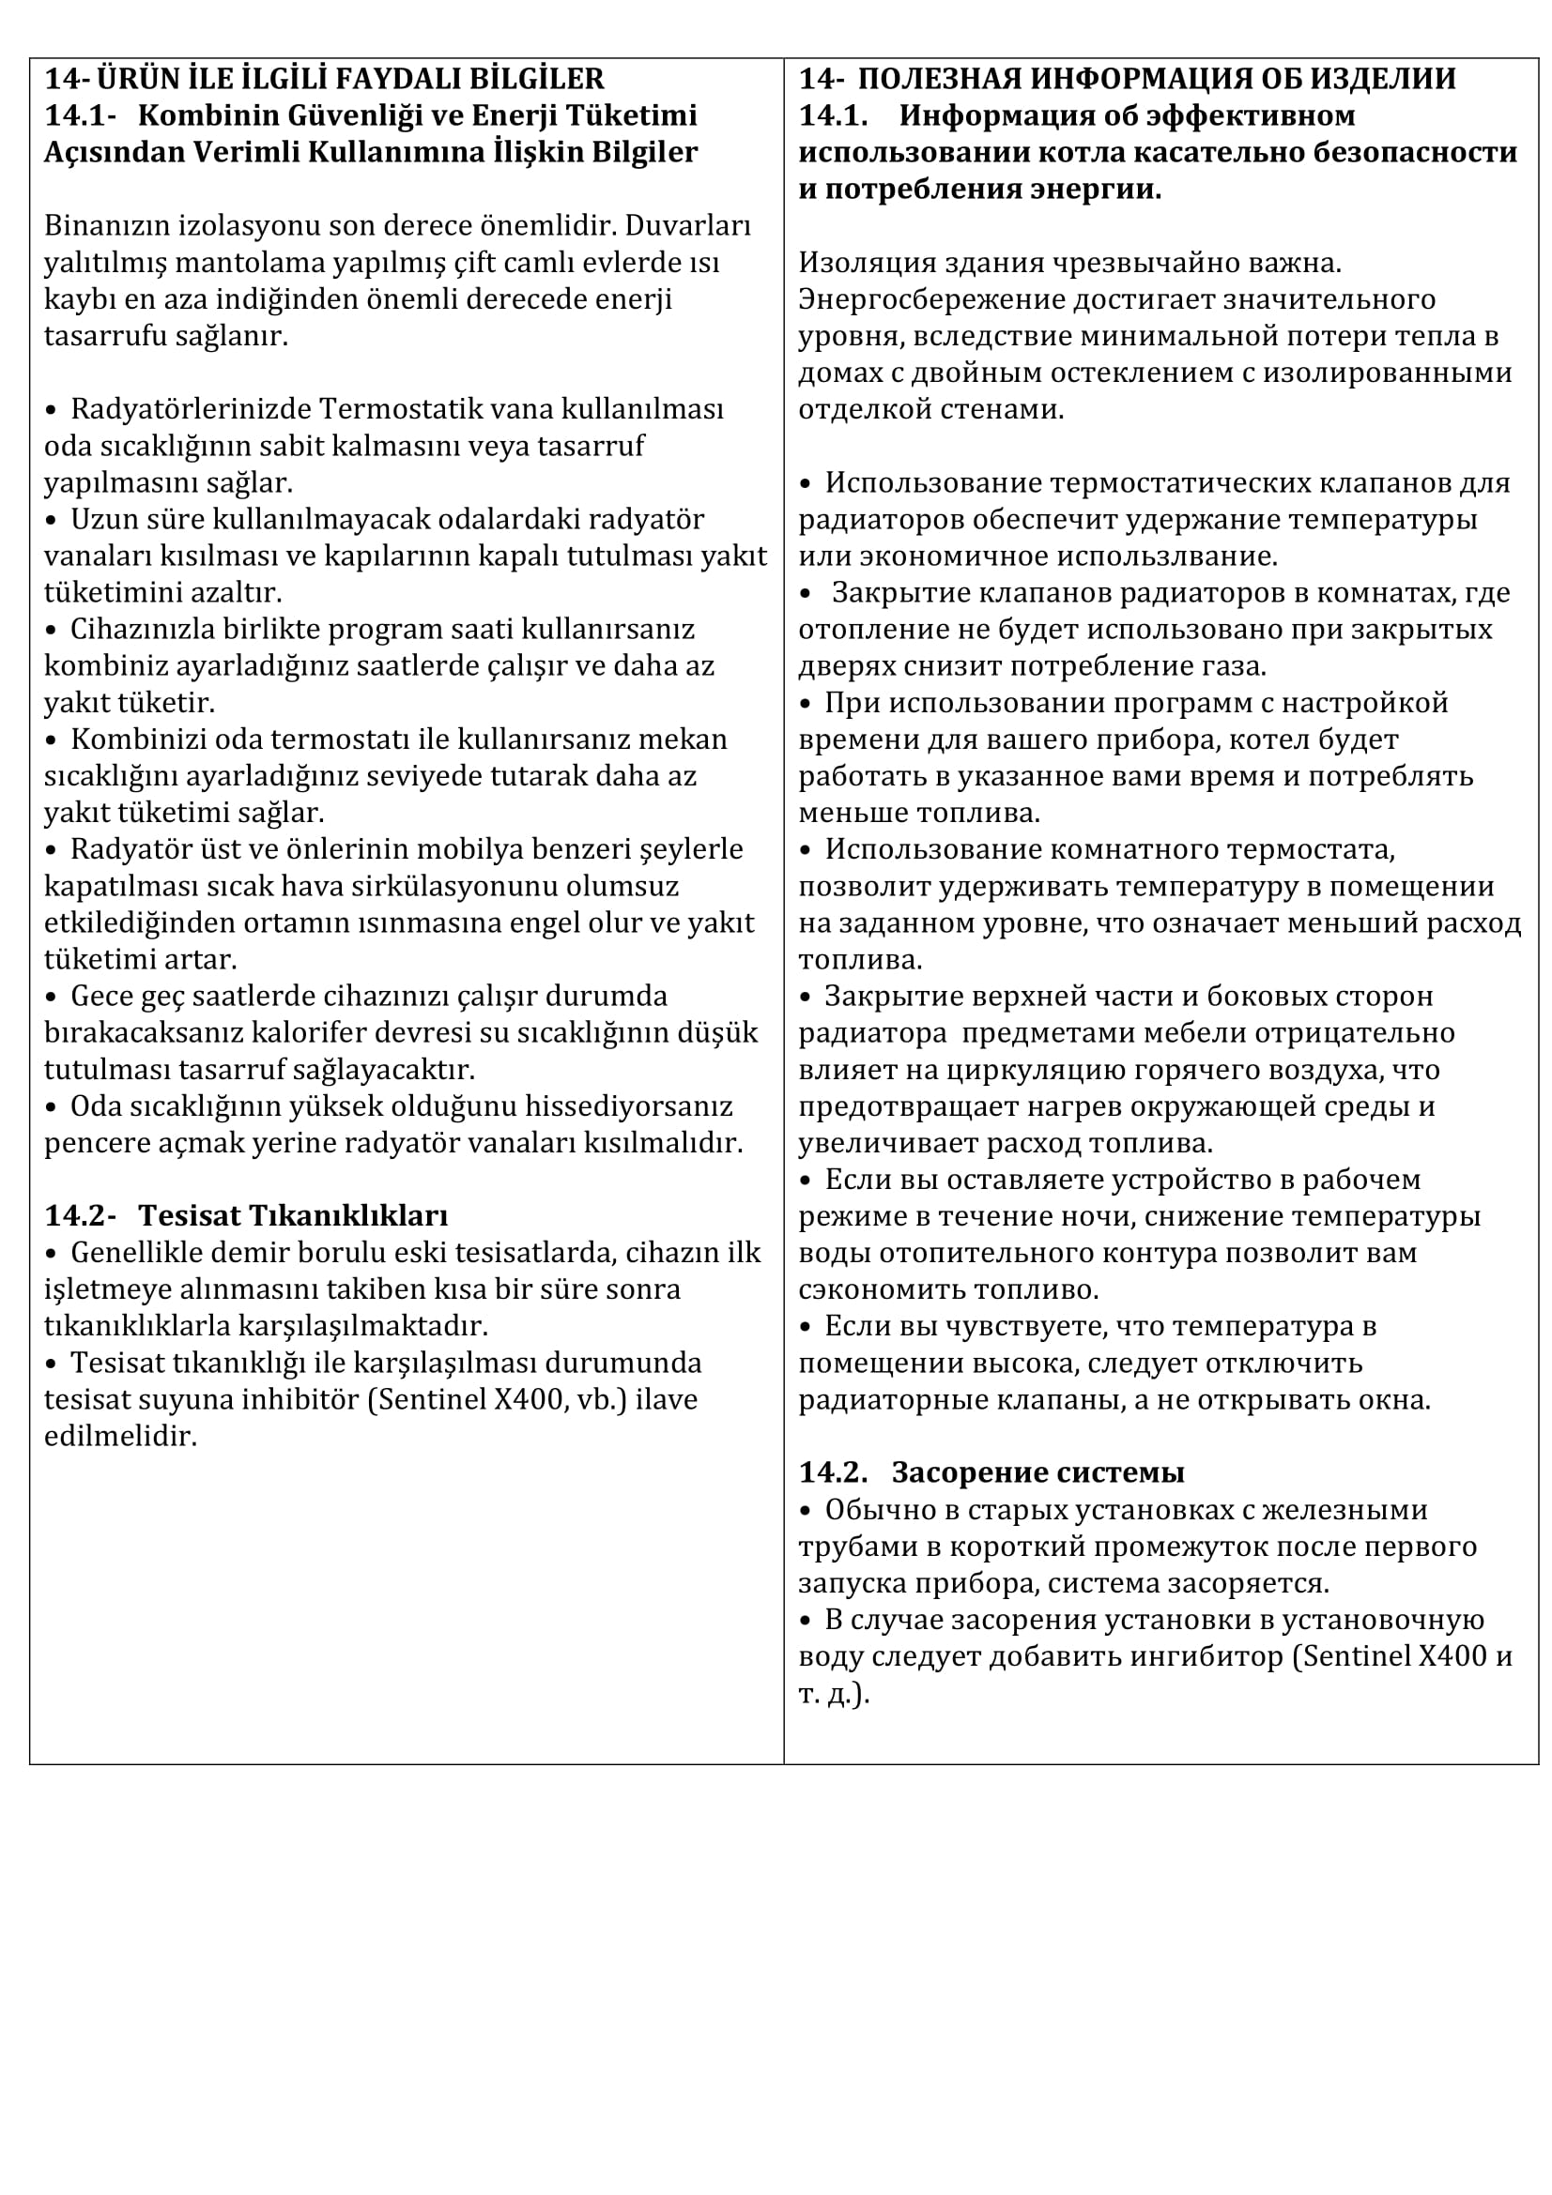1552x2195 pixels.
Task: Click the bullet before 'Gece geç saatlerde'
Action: pos(52,997)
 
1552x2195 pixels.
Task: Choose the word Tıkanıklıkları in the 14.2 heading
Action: pos(293,1216)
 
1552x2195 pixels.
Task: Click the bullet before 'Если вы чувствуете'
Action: pos(806,1327)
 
